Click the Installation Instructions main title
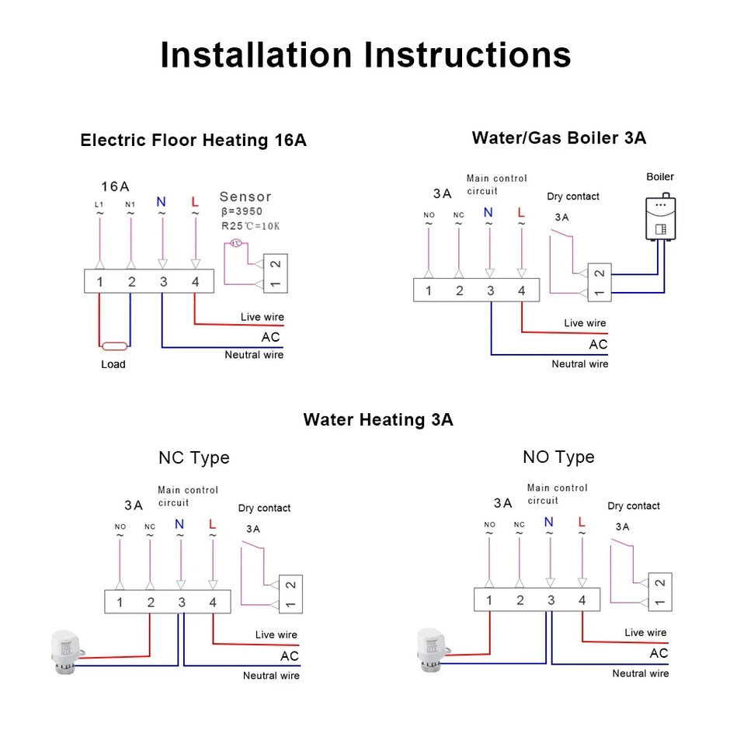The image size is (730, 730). (x=365, y=55)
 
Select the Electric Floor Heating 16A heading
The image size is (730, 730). (x=193, y=141)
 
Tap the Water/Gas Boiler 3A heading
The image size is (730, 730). (x=558, y=138)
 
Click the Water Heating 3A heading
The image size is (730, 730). (x=378, y=420)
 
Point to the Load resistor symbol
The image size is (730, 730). (x=114, y=346)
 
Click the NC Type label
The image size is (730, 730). (x=194, y=457)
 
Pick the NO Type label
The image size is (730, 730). (x=558, y=457)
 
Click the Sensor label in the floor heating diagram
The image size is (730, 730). (x=245, y=197)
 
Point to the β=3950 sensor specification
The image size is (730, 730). (x=242, y=211)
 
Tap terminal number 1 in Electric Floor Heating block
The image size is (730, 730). (x=99, y=282)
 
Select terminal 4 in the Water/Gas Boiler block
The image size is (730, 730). (x=521, y=291)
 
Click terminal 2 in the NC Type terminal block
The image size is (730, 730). (x=150, y=603)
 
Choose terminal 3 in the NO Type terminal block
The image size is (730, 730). (x=551, y=600)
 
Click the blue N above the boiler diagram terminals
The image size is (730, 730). (x=488, y=213)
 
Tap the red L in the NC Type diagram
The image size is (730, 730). (x=212, y=524)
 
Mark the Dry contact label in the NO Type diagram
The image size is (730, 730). (x=634, y=506)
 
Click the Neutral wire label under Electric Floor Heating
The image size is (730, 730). (x=254, y=355)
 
